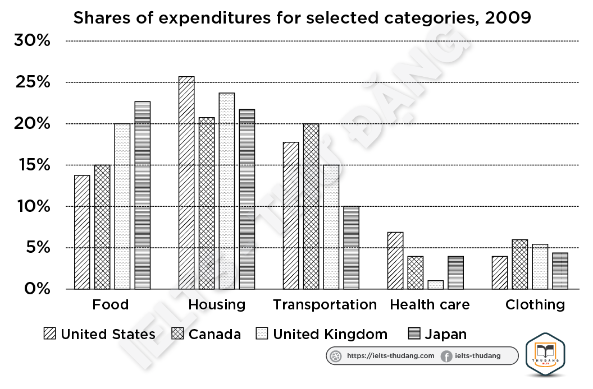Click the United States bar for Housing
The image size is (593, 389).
pyautogui.click(x=186, y=183)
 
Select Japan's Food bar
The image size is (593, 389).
pyautogui.click(x=143, y=195)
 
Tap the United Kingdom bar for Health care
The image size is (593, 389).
pyautogui.click(x=436, y=285)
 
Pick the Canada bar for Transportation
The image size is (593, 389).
pyautogui.click(x=311, y=206)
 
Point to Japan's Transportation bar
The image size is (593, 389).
pyautogui.click(x=352, y=248)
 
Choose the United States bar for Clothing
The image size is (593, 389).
pyautogui.click(x=500, y=272)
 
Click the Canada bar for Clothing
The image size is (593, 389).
pyautogui.click(x=520, y=265)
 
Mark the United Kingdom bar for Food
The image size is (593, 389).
pyautogui.click(x=122, y=206)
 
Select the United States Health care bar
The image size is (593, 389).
pyautogui.click(x=395, y=261)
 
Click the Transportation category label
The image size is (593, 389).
pyautogui.click(x=325, y=305)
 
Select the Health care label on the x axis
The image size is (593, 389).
pyautogui.click(x=430, y=305)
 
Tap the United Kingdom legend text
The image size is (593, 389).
pyautogui.click(x=330, y=335)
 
